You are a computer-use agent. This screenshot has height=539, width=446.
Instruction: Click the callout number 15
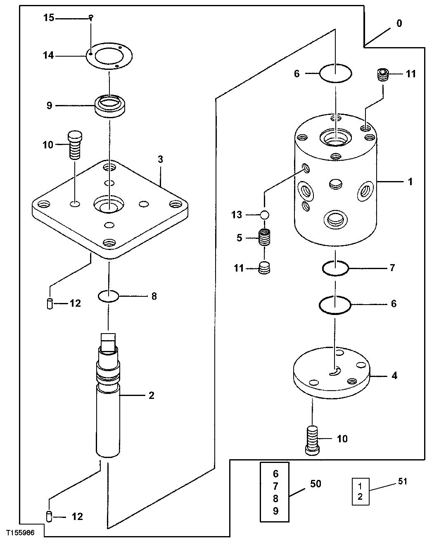(49, 18)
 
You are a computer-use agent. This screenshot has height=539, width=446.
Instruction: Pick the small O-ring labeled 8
(109, 296)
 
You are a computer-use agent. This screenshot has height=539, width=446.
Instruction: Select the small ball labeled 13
(264, 215)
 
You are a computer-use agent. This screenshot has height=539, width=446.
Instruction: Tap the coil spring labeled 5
(265, 238)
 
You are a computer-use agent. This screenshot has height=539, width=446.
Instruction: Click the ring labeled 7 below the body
(335, 269)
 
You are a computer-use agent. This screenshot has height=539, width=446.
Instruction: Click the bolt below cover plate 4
(313, 440)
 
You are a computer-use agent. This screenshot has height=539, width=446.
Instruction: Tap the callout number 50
(316, 483)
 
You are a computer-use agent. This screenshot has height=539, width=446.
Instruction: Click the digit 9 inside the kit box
(275, 511)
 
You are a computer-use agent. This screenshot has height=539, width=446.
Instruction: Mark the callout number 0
(399, 24)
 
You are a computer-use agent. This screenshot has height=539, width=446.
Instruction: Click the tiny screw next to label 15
(91, 17)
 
